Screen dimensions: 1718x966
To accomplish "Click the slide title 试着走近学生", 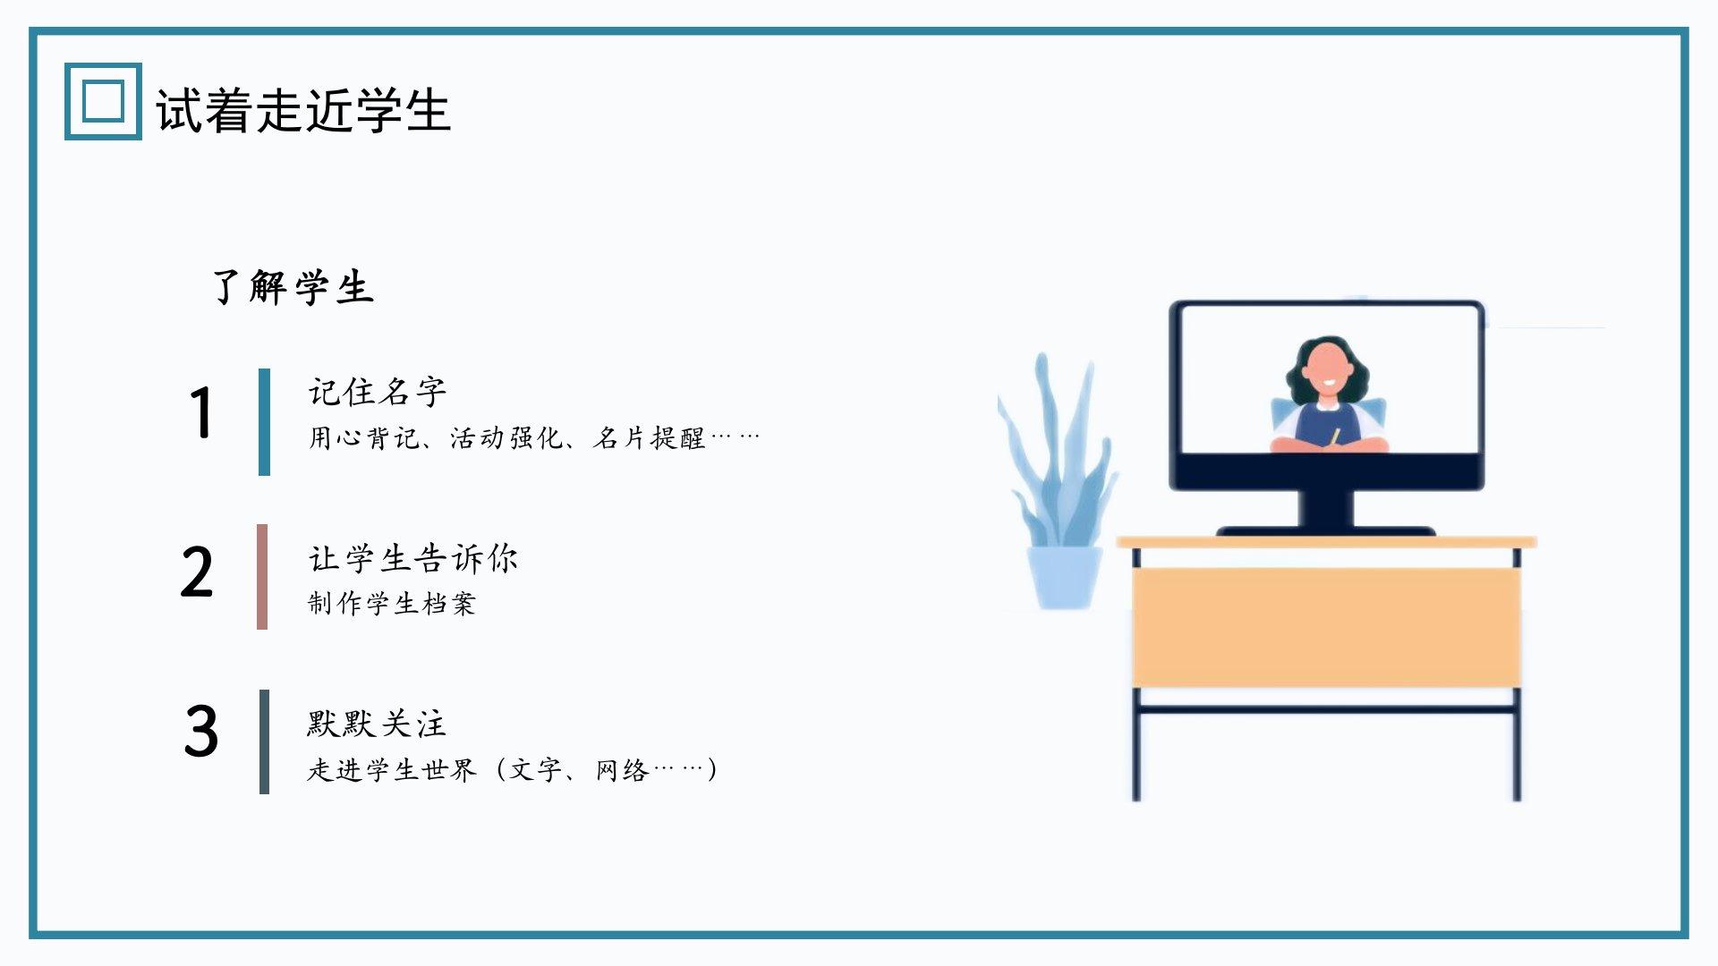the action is click(x=303, y=110).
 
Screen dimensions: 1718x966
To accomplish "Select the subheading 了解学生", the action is click(x=293, y=287).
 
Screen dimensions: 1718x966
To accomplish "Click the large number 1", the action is click(x=201, y=412).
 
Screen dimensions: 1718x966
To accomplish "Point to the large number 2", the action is click(x=197, y=572).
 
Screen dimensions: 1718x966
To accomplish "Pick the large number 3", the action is click(x=200, y=731).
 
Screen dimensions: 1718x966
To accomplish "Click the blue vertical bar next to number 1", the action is click(x=264, y=421).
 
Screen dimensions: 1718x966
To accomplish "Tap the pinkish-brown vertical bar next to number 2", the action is click(x=262, y=577).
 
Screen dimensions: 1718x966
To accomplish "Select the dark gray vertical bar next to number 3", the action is click(x=264, y=741).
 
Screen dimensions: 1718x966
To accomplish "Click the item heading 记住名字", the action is click(x=377, y=392).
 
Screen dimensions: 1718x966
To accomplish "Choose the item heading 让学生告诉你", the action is click(x=412, y=559).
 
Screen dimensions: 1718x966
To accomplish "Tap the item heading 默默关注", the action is click(x=377, y=724).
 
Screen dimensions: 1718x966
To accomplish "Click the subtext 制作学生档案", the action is click(x=391, y=604).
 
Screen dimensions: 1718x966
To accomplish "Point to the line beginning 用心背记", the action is click(x=534, y=437).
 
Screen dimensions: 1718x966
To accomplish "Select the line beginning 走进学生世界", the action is click(x=513, y=769).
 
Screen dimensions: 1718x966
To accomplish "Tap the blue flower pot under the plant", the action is click(x=1065, y=578).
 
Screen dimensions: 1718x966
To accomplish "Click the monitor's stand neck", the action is click(x=1326, y=510).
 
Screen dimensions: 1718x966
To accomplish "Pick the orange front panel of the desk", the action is click(x=1326, y=628).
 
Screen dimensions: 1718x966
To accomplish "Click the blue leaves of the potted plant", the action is click(x=1056, y=452).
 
